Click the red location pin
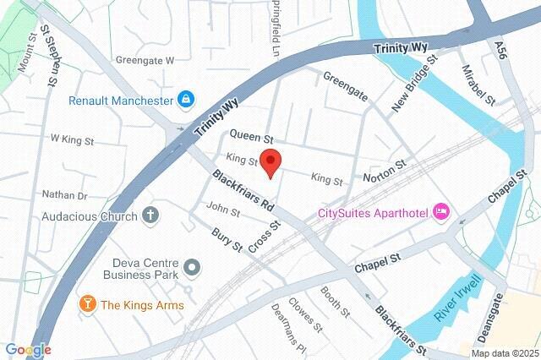coord(270,161)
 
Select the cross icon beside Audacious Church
coord(150,215)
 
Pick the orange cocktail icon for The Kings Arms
coord(86,304)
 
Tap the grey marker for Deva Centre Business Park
coord(193,268)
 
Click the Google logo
coord(28,349)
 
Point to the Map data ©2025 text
coord(504,353)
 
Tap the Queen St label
coord(253,136)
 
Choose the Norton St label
coord(385,174)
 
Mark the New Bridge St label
coord(413,85)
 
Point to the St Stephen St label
coord(48,54)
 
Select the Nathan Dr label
coord(65,195)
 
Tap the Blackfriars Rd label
coord(243,192)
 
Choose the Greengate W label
coord(145,61)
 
